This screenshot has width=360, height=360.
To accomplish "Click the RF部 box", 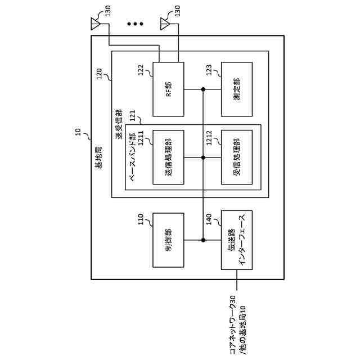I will pos(168,89).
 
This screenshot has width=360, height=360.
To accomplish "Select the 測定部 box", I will pos(237,89).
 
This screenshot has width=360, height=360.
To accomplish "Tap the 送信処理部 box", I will pos(168,157).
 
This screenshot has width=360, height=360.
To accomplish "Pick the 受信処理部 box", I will pos(237,157).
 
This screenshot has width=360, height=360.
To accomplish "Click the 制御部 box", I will pos(168,240).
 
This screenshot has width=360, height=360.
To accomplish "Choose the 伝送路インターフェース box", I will pos(237,240).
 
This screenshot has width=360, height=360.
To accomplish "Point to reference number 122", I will pos(141,70).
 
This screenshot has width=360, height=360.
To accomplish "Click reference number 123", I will pos(209,70).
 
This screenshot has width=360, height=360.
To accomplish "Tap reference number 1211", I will pos(141,138).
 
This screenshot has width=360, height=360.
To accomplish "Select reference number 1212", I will pos(209,138).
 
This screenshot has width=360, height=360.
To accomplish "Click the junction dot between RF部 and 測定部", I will pos(203,89).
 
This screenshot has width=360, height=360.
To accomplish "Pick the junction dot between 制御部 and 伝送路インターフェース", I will pos(203,240).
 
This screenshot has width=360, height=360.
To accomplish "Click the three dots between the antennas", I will pos(135,24).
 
